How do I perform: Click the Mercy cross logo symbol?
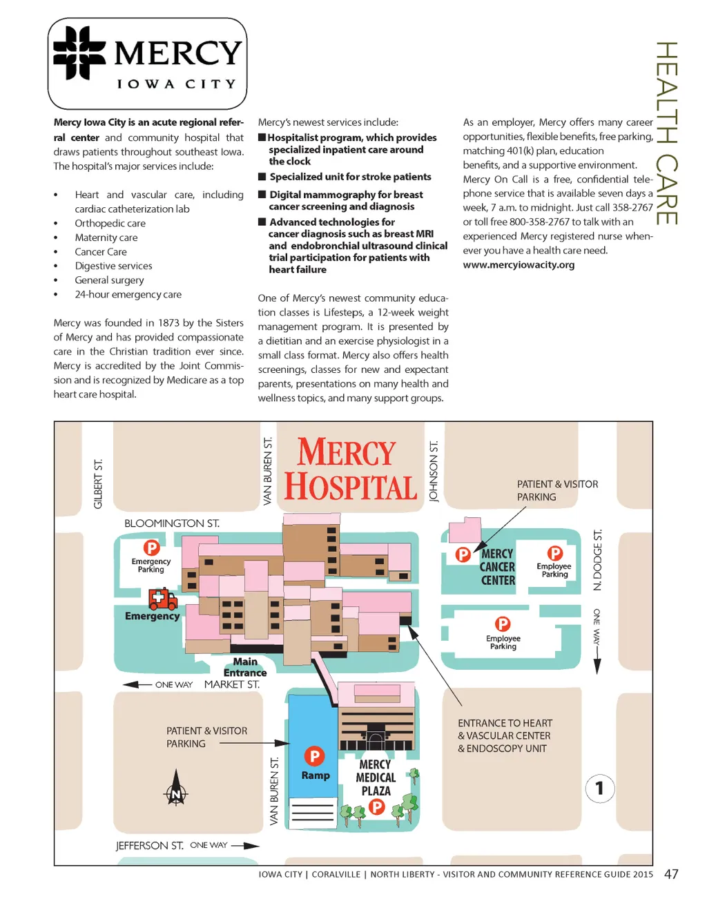coord(79,53)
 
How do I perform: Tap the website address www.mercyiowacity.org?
coord(519,264)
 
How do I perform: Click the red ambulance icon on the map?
coord(163,599)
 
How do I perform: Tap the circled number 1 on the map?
coord(599,788)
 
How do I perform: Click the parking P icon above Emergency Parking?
coord(151,548)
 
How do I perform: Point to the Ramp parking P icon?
coord(314,756)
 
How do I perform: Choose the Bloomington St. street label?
coord(172,523)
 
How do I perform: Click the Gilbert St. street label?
coord(98,483)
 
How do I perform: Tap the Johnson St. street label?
coord(434,472)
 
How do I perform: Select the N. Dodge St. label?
coord(598,560)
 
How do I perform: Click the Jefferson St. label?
coord(149,845)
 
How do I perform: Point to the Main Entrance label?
coord(245,667)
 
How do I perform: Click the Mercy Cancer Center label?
coord(497,567)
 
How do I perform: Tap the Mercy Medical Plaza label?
coord(376,778)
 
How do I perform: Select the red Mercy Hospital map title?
coord(350,470)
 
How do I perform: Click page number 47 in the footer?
coord(671,874)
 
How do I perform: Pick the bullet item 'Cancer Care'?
coord(101,251)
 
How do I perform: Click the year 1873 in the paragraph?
coord(168,322)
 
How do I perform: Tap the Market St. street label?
coord(232,684)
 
